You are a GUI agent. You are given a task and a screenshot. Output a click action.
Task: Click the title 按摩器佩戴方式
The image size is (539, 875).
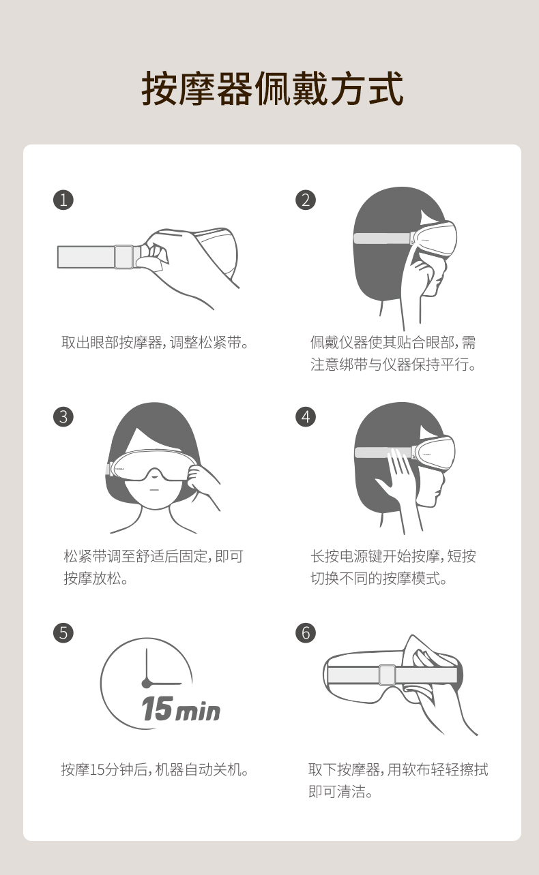point(272,89)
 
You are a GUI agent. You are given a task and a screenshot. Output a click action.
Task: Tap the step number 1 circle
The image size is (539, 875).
point(63,200)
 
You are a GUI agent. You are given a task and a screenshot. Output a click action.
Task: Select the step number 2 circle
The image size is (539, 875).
point(306,200)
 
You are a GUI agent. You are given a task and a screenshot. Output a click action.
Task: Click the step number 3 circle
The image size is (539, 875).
point(63,417)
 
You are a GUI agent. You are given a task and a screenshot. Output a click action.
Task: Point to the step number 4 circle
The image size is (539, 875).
point(306,417)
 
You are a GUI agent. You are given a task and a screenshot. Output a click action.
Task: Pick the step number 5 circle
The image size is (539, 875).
point(63,633)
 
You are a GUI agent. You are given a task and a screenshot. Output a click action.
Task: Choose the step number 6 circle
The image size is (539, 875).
point(306,633)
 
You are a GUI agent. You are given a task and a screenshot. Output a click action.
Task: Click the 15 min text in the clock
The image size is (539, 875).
point(181,709)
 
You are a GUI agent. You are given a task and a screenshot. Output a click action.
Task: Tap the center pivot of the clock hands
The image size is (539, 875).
point(146,684)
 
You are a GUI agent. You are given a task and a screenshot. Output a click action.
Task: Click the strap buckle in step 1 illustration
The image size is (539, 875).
point(123,257)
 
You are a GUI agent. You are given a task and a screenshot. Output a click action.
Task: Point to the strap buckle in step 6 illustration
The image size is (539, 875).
point(387,675)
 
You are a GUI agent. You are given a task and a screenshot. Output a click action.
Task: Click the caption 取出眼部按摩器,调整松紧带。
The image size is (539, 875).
point(156,343)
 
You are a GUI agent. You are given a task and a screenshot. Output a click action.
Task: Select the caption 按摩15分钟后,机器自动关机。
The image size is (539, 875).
point(156,769)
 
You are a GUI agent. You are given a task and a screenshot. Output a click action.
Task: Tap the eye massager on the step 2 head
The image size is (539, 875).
point(434,238)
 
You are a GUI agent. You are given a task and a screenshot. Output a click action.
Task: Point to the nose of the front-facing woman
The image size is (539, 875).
point(155,474)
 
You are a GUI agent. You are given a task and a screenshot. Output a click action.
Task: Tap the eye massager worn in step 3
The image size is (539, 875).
point(154,464)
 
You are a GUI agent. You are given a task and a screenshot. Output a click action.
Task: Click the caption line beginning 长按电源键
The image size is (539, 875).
point(393,556)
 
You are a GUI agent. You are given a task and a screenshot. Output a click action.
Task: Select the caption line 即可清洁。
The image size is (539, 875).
point(340,792)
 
